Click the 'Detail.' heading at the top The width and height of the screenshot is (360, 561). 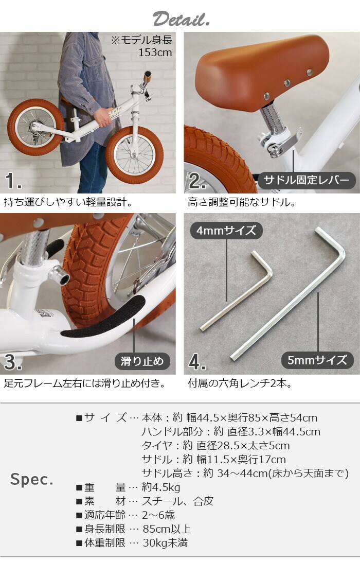point(181,19)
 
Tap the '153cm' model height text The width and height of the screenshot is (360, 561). point(155,52)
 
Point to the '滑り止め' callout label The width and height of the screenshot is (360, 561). point(142,361)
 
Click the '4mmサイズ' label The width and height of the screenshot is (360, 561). point(226,231)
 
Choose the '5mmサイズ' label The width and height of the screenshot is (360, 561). point(317,360)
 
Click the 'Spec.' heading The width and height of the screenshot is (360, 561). point(32,479)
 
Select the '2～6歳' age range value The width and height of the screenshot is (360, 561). point(158,515)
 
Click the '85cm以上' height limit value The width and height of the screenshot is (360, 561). point(167,529)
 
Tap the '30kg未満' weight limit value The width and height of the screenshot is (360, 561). point(165,543)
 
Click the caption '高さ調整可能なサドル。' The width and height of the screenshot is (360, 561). point(242,202)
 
